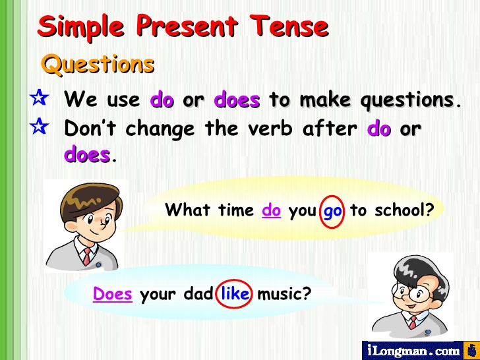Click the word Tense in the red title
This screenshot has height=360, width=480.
click(289, 26)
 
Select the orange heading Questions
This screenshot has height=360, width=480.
click(98, 65)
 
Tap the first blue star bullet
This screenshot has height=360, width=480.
click(39, 98)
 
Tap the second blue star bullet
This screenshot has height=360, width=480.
click(39, 126)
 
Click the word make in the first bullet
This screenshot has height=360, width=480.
click(325, 99)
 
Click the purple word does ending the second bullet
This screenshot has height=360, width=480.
click(87, 154)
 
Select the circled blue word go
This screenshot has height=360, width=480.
click(332, 211)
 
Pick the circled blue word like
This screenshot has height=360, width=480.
click(235, 293)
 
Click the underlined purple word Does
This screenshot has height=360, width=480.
click(113, 293)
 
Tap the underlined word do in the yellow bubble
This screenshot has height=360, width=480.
click(271, 210)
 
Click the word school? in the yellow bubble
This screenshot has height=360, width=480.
click(405, 210)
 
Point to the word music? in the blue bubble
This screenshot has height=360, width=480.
click(284, 294)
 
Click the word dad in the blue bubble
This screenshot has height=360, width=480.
click(198, 293)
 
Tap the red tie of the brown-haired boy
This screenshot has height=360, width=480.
click(87, 256)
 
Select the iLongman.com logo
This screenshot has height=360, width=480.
click(420, 351)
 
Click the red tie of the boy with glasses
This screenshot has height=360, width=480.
click(413, 322)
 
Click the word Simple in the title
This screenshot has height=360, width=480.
click(80, 27)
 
